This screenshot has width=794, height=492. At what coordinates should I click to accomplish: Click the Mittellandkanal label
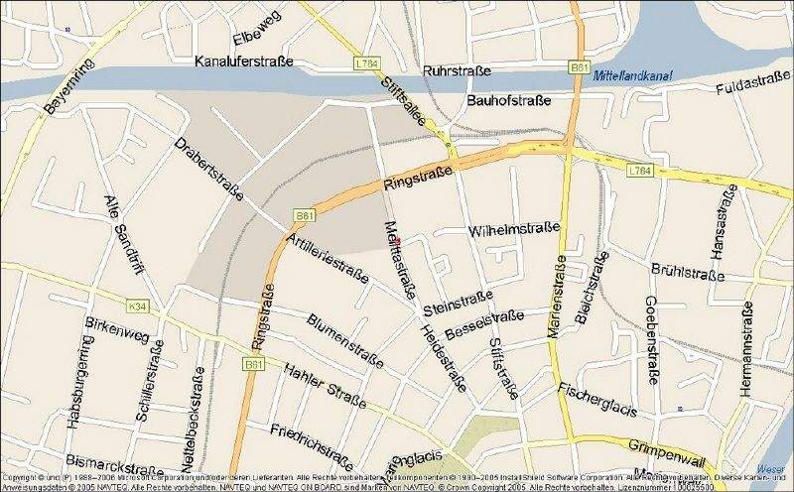point(635,75)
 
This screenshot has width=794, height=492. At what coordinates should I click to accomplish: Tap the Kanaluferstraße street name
point(245,61)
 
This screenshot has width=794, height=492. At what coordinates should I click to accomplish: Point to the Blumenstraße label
point(344,338)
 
